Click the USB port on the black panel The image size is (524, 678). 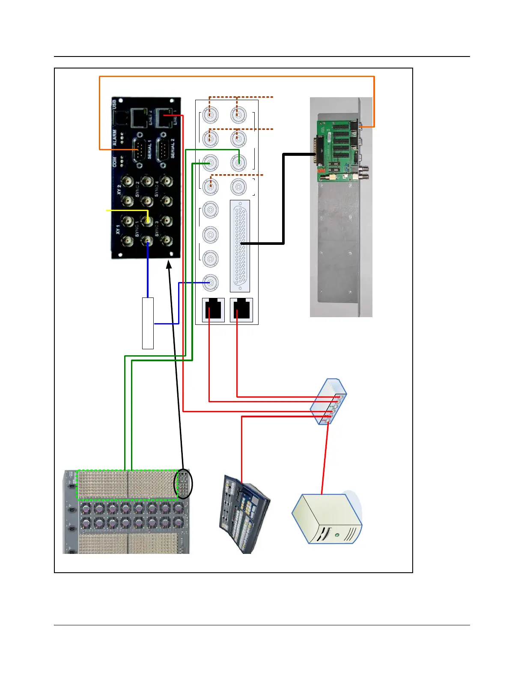point(121,115)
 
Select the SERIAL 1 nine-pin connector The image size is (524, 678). point(140,150)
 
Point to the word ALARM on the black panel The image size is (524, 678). point(115,138)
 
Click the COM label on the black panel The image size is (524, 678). point(115,162)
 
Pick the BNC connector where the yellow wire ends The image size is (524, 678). point(148,221)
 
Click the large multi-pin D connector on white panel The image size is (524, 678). point(240,246)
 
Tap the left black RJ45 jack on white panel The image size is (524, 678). point(213,309)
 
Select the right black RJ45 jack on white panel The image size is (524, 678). point(241,309)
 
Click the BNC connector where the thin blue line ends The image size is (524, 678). point(210,282)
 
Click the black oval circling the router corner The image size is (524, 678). point(183,484)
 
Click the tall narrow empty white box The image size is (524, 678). point(148,323)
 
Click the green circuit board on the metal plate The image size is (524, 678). point(338,150)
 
